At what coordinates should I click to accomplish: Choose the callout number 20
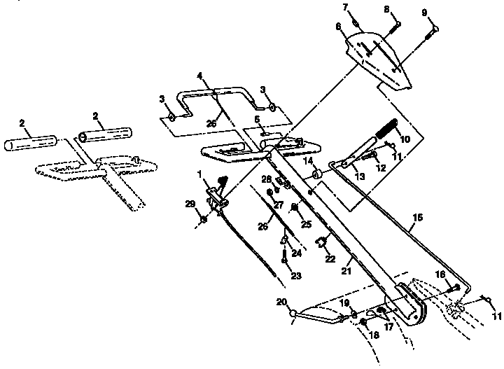pos(281,302)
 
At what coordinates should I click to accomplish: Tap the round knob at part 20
pos(294,314)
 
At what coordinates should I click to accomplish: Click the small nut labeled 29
pos(204,219)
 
